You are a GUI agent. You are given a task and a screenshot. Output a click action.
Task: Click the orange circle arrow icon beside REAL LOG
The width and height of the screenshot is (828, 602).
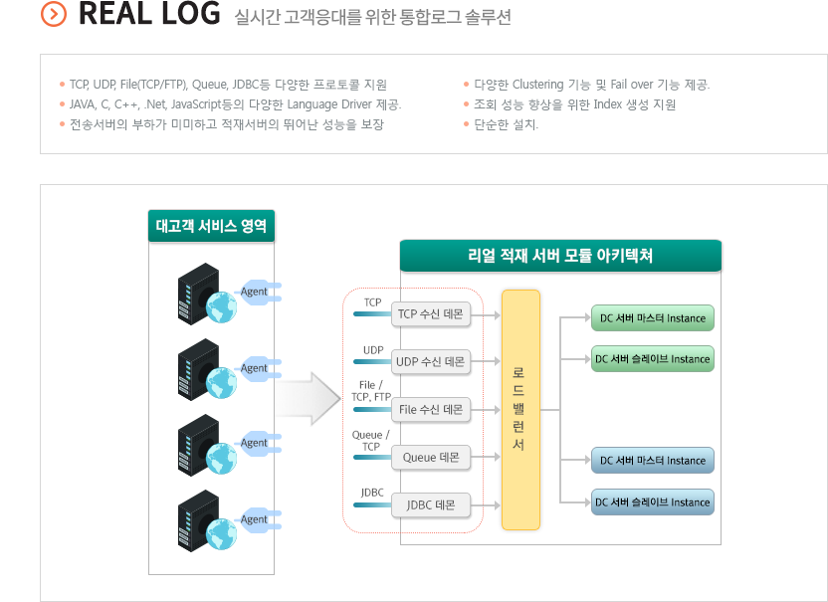pos(54,14)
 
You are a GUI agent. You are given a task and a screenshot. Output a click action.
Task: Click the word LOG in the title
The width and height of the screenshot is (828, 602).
pos(191,14)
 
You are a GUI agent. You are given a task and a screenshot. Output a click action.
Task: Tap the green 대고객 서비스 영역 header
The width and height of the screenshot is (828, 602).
pos(211,226)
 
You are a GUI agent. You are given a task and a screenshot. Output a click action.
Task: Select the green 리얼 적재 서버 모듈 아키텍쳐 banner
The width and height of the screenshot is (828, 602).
pos(561,256)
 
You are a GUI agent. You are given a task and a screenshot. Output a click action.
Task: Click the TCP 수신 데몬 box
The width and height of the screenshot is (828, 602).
pos(431,314)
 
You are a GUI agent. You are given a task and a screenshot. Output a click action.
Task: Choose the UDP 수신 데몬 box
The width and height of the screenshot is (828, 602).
pos(431,362)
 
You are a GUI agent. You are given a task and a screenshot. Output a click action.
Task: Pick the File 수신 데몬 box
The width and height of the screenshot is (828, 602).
pos(431,410)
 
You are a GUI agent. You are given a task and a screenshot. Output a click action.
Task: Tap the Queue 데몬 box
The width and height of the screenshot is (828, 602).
pos(431,458)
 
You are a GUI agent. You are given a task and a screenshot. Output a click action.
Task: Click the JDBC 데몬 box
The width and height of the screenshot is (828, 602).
pos(431,505)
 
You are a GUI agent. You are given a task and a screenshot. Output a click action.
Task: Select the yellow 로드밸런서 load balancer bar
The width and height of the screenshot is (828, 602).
pos(520,410)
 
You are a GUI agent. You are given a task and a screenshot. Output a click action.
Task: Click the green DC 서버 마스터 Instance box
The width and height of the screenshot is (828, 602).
pos(653,317)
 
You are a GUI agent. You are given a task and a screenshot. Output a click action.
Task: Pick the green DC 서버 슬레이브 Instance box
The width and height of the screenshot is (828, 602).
pos(653,359)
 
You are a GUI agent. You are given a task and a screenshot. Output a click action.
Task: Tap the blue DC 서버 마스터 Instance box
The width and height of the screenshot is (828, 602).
pos(653,461)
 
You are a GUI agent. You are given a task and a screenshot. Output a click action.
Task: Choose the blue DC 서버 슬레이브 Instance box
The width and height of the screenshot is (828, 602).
pos(653,502)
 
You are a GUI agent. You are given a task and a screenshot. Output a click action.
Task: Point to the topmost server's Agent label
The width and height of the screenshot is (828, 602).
pos(254,292)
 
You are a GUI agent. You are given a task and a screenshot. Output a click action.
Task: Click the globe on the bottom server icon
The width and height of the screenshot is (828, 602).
pos(221,534)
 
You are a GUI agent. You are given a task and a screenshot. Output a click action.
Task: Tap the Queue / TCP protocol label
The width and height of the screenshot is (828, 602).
pos(370,441)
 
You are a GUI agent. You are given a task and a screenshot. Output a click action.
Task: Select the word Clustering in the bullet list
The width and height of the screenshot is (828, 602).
pos(538,85)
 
